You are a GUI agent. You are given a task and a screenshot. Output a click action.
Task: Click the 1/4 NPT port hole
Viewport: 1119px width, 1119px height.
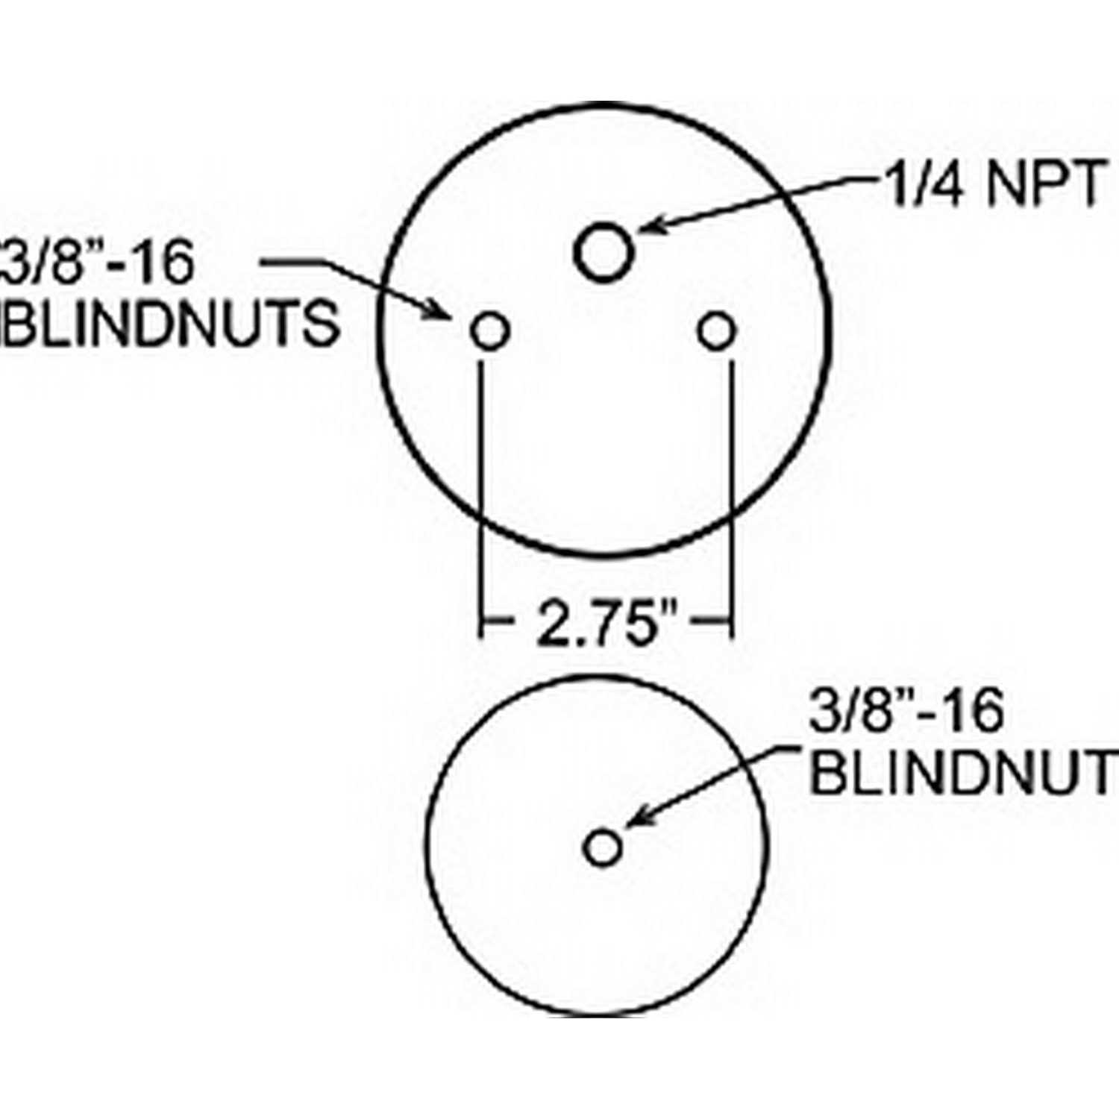604,252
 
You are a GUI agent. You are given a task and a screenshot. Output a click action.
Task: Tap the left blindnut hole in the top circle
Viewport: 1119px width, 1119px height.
490,330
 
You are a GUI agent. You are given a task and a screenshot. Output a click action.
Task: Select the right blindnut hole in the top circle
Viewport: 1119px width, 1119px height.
717,330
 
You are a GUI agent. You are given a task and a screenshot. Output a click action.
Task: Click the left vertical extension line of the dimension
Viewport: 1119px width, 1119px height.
483,499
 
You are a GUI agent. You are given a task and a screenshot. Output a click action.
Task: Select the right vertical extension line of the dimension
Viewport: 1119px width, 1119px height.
731,499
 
